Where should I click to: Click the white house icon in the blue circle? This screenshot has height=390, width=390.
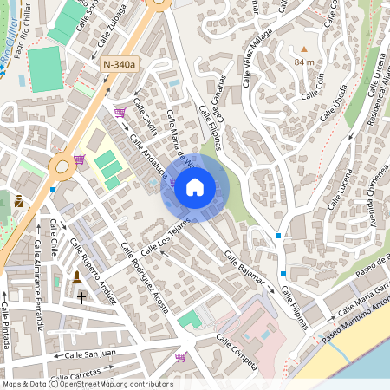click(x=194, y=186)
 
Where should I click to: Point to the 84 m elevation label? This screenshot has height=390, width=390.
click(x=304, y=63)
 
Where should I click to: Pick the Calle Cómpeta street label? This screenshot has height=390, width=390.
click(x=236, y=352)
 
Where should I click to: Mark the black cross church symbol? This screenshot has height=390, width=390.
click(x=82, y=296)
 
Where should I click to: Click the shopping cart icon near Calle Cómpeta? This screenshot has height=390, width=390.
click(x=180, y=356)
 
